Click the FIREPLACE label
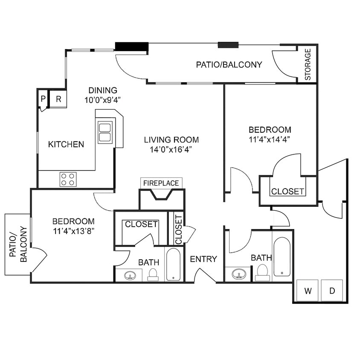(x=161, y=183)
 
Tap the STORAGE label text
(x=308, y=64)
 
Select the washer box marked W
(x=308, y=291)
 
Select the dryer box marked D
(x=332, y=291)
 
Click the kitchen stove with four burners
(x=68, y=179)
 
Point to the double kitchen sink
(x=105, y=132)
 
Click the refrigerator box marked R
(x=58, y=99)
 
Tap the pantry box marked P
(x=43, y=99)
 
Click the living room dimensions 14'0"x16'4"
(x=171, y=149)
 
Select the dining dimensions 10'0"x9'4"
(x=102, y=101)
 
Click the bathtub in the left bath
(x=173, y=264)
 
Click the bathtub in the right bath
(x=282, y=257)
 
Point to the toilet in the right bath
(x=262, y=272)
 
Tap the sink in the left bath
(x=130, y=276)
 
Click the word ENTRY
(x=203, y=259)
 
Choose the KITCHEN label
(x=66, y=144)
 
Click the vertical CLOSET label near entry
(x=178, y=229)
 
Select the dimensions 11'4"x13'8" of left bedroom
(x=73, y=231)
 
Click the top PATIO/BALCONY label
(x=229, y=65)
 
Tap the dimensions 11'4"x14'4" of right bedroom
(x=270, y=139)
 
